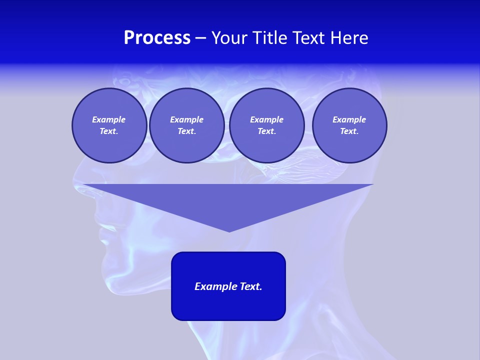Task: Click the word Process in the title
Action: click(x=157, y=38)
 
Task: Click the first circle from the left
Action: click(x=109, y=125)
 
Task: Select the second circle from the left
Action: click(x=187, y=125)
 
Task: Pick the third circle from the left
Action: click(x=267, y=125)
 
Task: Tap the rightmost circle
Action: click(x=349, y=125)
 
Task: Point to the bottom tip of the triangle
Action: click(x=229, y=231)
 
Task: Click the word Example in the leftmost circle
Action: click(x=109, y=119)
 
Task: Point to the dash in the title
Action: click(x=201, y=38)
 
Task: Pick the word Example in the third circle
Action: click(x=267, y=119)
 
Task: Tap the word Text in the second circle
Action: click(x=186, y=131)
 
